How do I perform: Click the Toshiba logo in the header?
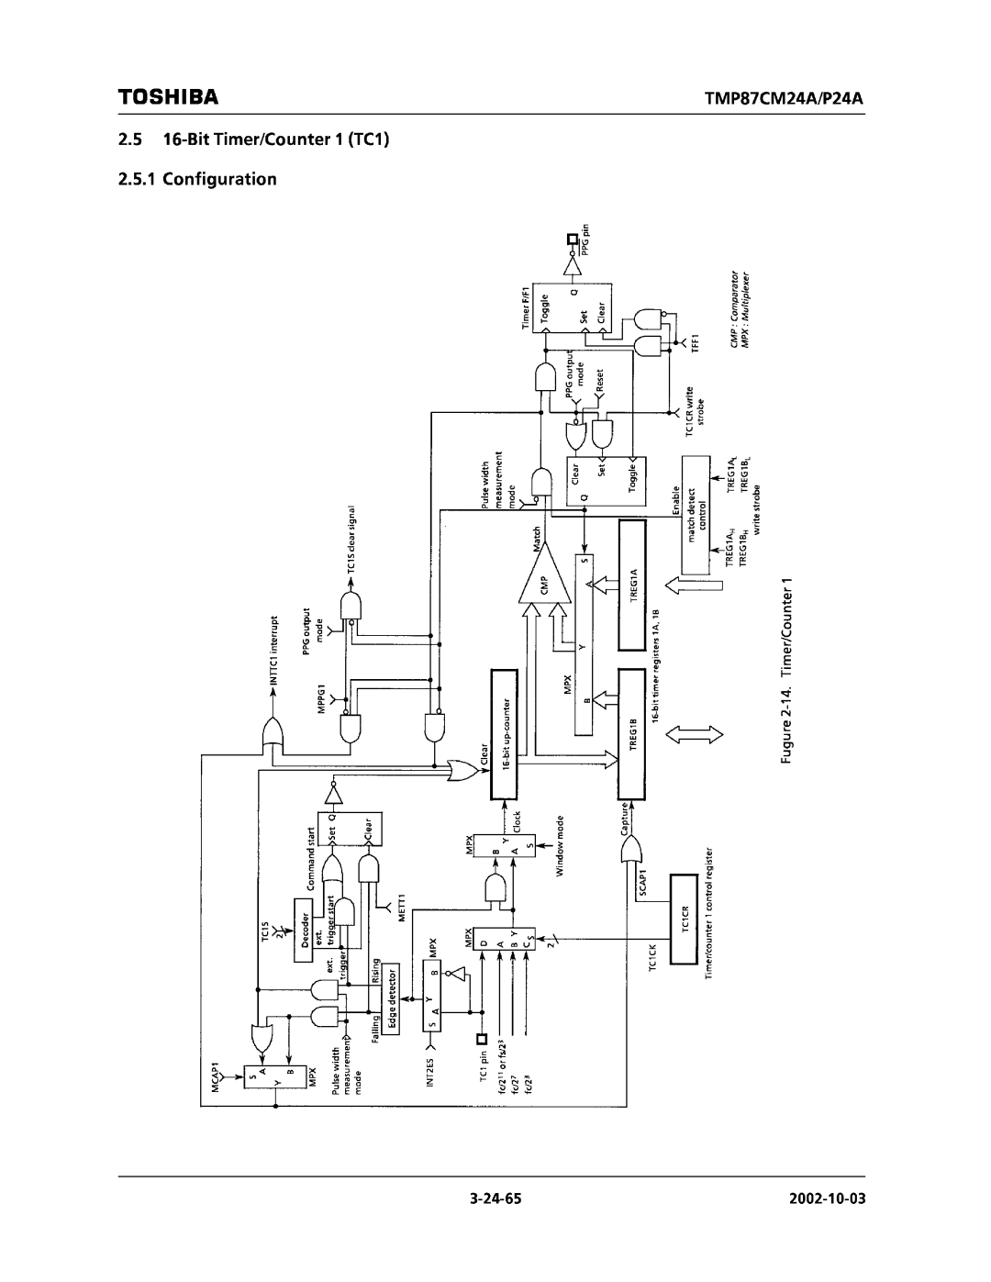click(167, 96)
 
